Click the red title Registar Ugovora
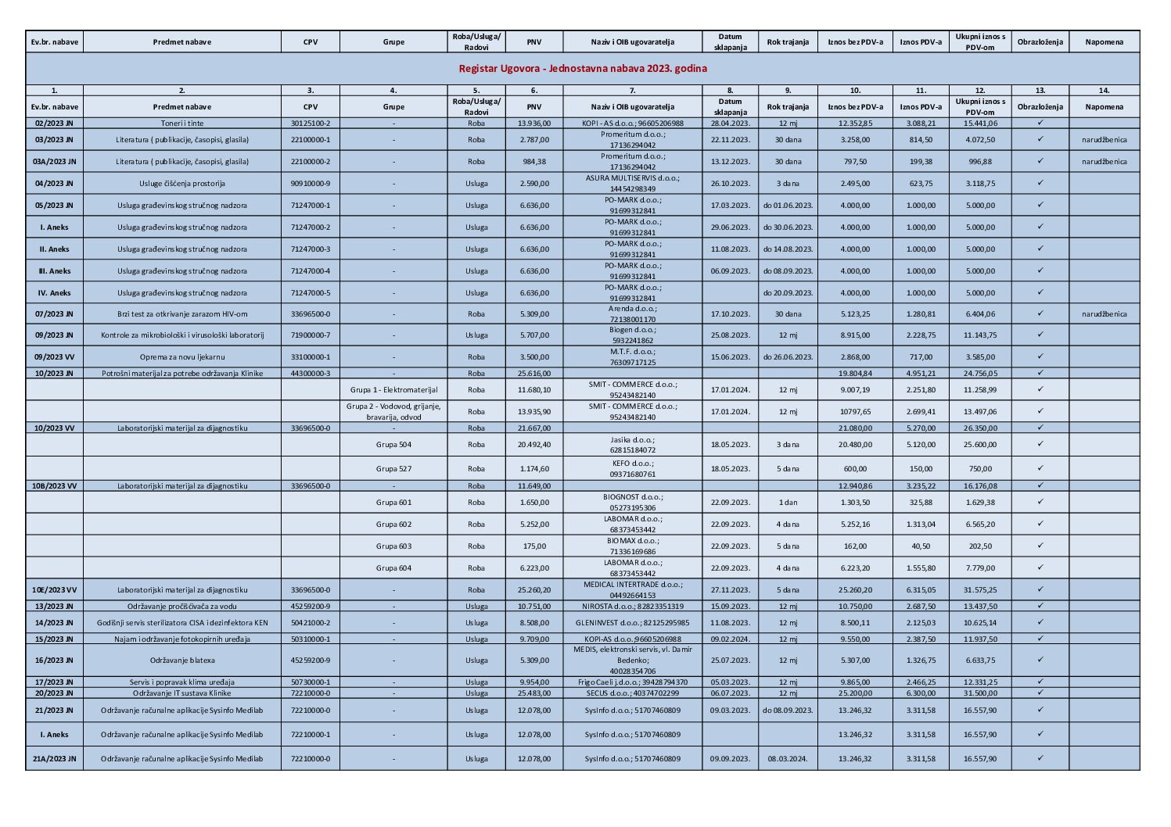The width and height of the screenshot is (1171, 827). [582, 68]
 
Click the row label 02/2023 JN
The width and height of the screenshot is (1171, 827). [54, 124]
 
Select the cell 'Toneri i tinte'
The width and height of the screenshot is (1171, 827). [181, 124]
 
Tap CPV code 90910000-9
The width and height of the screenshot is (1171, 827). [310, 184]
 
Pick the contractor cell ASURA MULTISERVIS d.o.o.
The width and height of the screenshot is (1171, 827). [632, 184]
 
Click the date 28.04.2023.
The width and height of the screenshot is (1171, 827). [730, 124]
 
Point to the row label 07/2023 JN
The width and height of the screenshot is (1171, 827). [54, 314]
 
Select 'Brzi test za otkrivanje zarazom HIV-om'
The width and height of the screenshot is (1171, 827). [181, 314]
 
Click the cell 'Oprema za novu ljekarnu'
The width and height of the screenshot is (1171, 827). [181, 357]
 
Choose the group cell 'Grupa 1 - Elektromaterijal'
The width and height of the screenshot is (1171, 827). [393, 390]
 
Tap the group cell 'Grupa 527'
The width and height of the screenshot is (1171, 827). [393, 469]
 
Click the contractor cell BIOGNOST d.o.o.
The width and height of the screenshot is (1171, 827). [632, 503]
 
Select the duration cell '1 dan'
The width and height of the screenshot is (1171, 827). [788, 503]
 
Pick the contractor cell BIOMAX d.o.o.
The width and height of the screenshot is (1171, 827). [632, 546]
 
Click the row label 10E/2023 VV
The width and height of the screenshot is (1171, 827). [54, 590]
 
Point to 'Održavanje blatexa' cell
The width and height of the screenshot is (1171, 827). [181, 661]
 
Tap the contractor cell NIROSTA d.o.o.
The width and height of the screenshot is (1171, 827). [632, 607]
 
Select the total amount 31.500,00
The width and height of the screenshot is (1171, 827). [980, 693]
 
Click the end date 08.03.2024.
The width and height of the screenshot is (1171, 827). [788, 759]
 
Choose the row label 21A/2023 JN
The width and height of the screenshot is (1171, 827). [54, 759]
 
